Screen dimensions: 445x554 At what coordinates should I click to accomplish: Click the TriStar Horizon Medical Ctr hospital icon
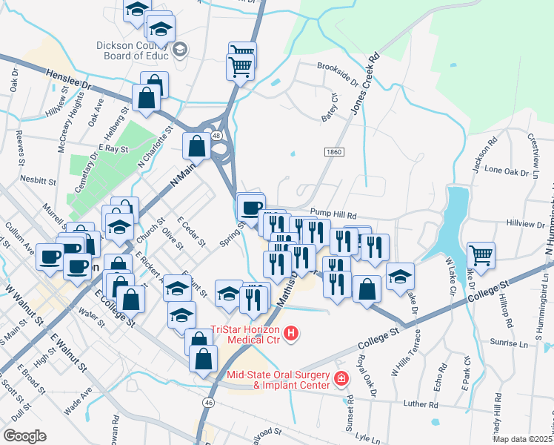(291, 334)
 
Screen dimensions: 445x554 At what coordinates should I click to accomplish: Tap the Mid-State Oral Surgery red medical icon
(341, 379)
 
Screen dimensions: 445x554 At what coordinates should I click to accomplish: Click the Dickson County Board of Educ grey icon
(180, 50)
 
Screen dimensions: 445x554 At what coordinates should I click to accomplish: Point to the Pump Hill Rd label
(334, 211)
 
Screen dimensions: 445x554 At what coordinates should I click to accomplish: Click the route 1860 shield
(334, 151)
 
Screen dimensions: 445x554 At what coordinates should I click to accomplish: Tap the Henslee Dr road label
(67, 80)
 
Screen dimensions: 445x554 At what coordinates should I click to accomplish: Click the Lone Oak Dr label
(504, 170)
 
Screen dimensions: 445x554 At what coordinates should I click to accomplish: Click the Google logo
(24, 435)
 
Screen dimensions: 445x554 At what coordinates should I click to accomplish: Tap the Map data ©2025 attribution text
(521, 438)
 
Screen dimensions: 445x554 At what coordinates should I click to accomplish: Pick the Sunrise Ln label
(509, 344)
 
